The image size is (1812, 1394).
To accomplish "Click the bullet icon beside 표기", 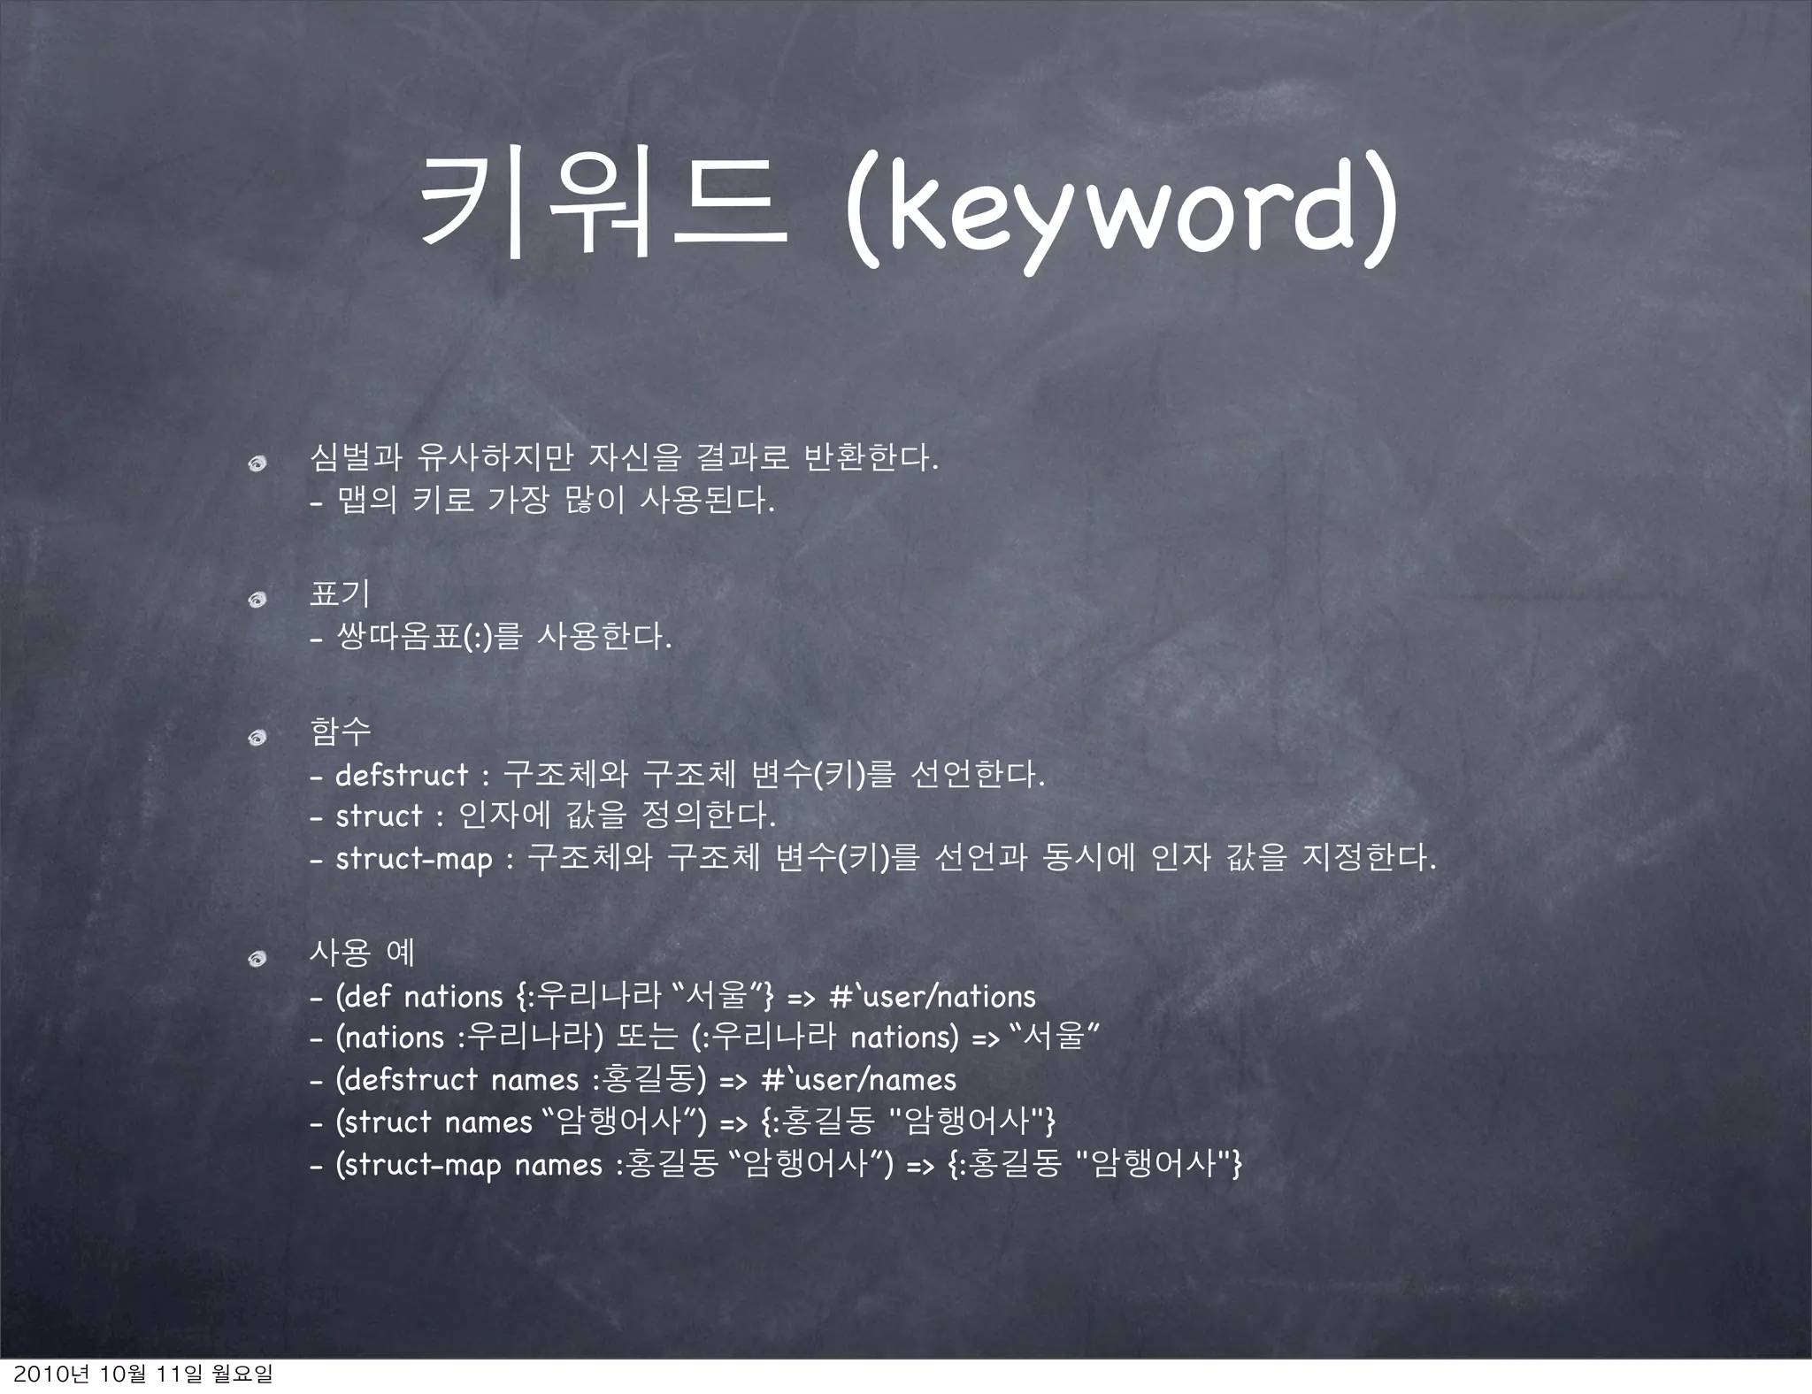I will click(x=257, y=601).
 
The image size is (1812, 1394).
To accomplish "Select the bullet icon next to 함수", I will click(x=257, y=738).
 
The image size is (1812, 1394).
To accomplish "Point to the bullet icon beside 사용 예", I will click(x=257, y=960).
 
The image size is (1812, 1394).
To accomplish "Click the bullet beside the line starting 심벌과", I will click(x=257, y=463).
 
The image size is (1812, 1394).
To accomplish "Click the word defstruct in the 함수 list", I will click(x=402, y=776).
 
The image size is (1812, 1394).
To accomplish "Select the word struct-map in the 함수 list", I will click(x=414, y=859).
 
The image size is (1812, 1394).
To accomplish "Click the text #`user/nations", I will click(x=933, y=997).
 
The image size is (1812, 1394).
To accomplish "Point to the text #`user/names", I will click(x=859, y=1080).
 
